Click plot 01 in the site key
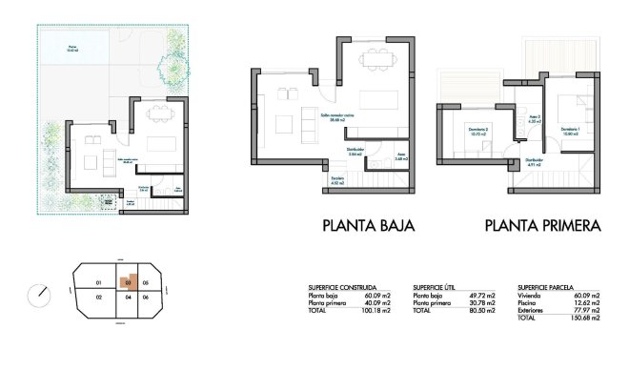tap(98, 283)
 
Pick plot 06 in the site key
tap(145, 298)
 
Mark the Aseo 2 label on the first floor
tap(534, 119)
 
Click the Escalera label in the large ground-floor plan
tap(337, 178)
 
